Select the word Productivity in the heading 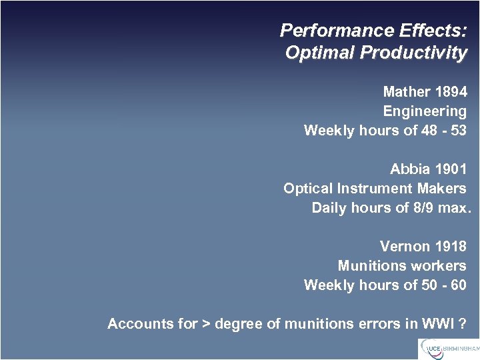[413, 53]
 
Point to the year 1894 [451, 92]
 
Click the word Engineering [425, 111]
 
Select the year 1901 [451, 169]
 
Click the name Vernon [405, 247]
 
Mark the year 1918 [451, 247]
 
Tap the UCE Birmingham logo [448, 348]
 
